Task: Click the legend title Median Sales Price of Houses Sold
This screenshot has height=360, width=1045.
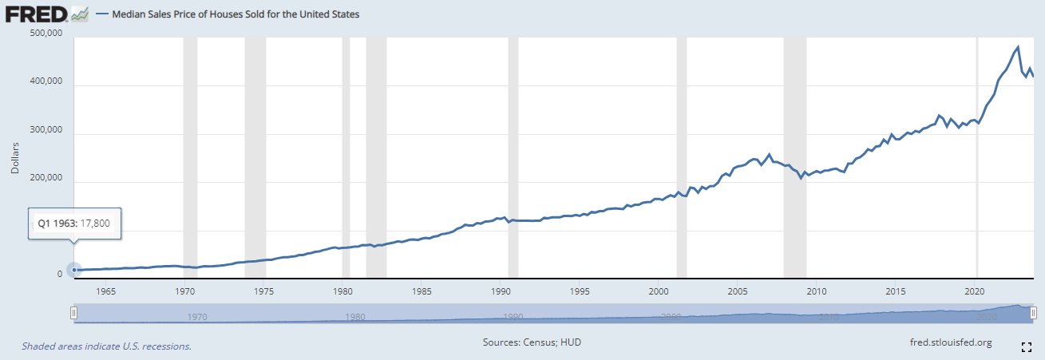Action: tap(234, 14)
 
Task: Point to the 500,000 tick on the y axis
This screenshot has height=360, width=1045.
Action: tap(45, 34)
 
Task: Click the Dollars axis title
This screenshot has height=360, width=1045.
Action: tap(14, 159)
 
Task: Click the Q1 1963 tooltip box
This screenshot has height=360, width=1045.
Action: tap(73, 224)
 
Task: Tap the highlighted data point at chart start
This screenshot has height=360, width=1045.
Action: tap(74, 271)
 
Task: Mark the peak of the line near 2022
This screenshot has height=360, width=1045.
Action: tap(1018, 47)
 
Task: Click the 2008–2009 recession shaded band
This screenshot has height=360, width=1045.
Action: tap(794, 160)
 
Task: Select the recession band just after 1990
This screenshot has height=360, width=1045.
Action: tap(513, 160)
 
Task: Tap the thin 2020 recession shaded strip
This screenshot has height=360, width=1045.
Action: tap(978, 160)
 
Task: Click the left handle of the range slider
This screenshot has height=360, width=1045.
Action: tap(73, 314)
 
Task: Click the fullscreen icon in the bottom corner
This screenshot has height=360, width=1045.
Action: tap(1027, 346)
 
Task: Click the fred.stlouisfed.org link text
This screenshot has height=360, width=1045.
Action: tap(951, 342)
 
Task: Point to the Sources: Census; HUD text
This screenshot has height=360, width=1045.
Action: tap(532, 342)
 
